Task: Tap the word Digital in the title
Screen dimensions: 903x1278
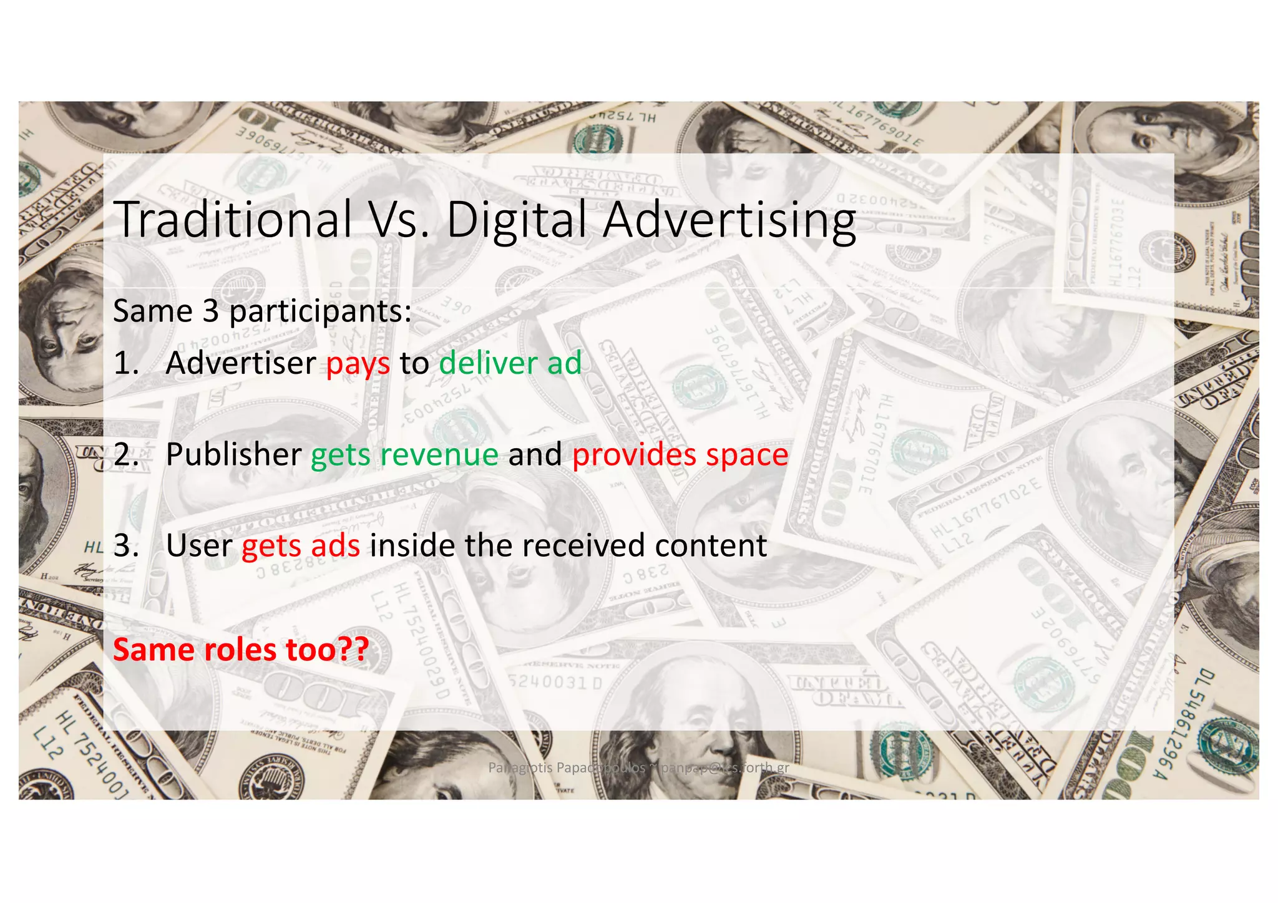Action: tap(517, 220)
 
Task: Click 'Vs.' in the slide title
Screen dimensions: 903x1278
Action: tap(399, 220)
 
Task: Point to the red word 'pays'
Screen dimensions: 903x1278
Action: tap(358, 364)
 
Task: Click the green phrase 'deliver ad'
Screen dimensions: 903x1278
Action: tap(510, 363)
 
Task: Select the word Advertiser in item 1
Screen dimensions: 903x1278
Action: tap(241, 363)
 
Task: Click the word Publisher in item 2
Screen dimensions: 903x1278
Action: tap(233, 454)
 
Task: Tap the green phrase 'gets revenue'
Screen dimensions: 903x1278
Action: tap(404, 454)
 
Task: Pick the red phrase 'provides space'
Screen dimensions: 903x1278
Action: tap(680, 454)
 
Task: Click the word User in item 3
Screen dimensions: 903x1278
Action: tap(199, 545)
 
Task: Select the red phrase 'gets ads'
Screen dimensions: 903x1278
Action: tap(301, 546)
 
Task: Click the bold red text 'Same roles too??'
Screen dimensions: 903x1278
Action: tap(241, 650)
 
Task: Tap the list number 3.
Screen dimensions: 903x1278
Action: tap(125, 545)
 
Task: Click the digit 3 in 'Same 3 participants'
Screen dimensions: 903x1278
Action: tap(210, 311)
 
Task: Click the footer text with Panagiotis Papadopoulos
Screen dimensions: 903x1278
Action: tap(638, 768)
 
